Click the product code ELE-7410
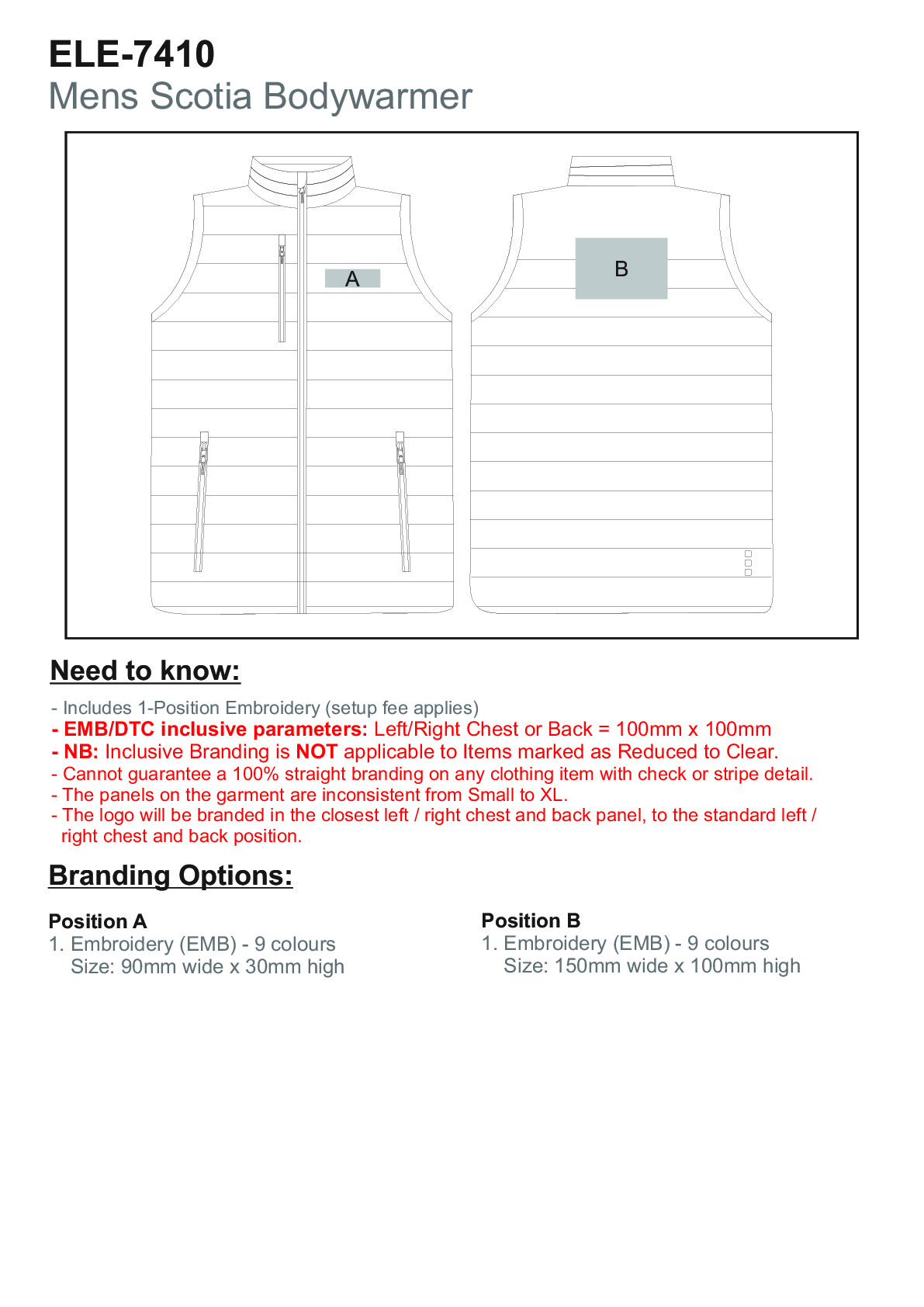[x=132, y=54]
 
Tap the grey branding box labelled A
[x=352, y=279]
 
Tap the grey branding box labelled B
[x=621, y=269]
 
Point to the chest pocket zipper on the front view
[x=282, y=287]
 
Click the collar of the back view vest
[x=620, y=171]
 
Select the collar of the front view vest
[x=302, y=175]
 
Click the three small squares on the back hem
[x=748, y=563]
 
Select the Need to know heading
[x=145, y=671]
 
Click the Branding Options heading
[x=171, y=875]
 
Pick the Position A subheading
[x=98, y=921]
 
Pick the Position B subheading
[x=531, y=920]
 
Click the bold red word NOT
[x=317, y=751]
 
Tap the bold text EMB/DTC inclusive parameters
[x=215, y=730]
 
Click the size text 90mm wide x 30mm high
[x=233, y=967]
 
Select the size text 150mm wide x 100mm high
[x=677, y=966]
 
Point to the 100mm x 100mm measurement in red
[x=694, y=730]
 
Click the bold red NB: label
[x=80, y=751]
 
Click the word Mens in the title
[x=95, y=97]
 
